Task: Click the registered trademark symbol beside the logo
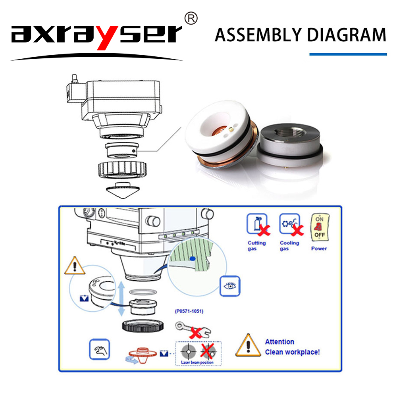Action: point(191,18)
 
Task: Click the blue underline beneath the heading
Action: point(348,54)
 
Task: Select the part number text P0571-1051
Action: point(189,311)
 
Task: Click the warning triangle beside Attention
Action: point(248,346)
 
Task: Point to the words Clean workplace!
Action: point(292,352)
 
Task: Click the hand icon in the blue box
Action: point(99,349)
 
